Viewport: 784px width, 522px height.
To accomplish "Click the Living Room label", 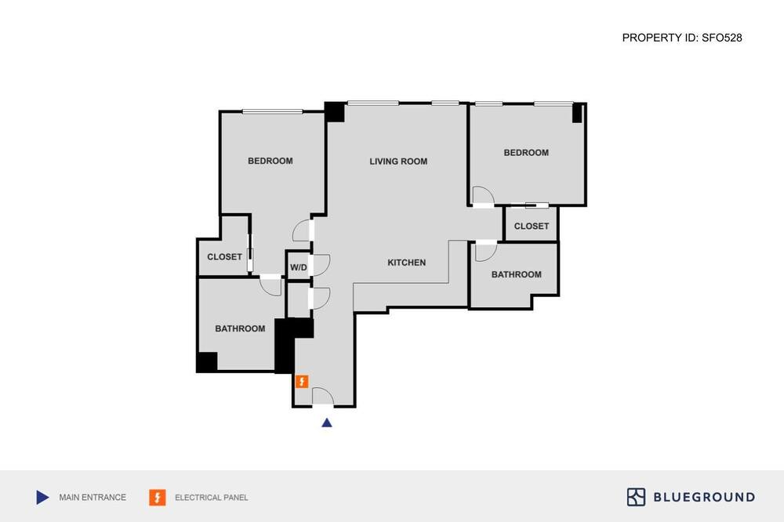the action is point(398,161).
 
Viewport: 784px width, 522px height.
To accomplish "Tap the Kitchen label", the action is point(406,263).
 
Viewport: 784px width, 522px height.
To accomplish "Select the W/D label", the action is point(299,267).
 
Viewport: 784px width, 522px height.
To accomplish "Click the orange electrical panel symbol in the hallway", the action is point(302,382).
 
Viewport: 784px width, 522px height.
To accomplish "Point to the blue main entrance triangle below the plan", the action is point(326,423).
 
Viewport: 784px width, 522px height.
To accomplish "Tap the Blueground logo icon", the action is point(636,497).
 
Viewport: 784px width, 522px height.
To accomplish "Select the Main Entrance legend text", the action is point(93,498).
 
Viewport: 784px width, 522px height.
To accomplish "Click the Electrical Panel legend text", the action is point(212,498).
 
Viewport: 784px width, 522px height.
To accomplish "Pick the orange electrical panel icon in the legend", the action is point(157,498).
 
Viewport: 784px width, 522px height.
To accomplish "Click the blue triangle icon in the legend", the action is point(42,498).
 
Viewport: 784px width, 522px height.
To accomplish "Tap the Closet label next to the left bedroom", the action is point(224,257).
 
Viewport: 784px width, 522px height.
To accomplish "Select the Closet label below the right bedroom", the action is point(532,227).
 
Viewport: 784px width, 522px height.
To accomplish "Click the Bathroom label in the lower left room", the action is point(240,328).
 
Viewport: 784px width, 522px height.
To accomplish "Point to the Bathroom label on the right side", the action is point(517,274).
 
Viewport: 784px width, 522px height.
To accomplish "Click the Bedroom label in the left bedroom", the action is point(270,161).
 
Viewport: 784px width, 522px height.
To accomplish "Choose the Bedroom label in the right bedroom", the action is point(526,153).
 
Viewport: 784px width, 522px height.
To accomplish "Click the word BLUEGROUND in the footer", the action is point(705,498).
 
